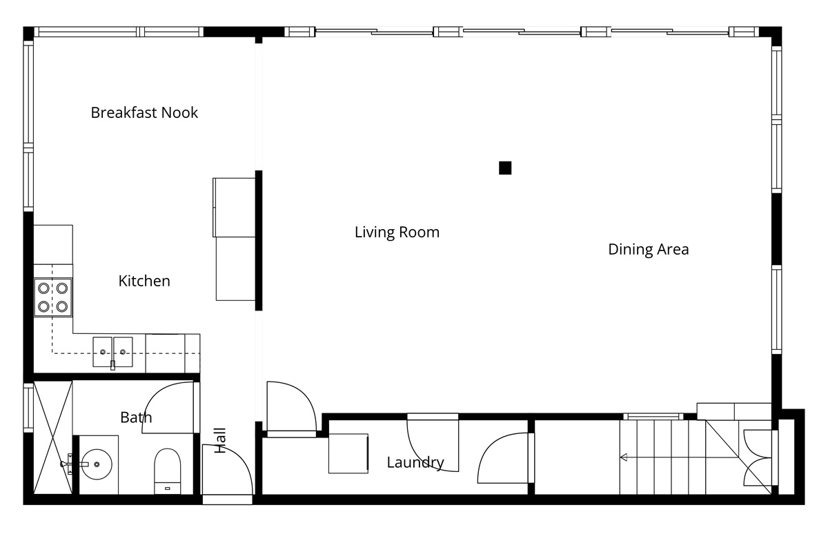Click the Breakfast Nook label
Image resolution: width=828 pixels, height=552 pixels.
coord(144,112)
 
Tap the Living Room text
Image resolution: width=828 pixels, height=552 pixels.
coord(397,233)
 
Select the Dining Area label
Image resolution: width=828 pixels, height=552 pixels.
coord(649,249)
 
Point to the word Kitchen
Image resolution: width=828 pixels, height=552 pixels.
coord(144,281)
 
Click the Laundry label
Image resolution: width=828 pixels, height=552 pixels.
coord(415,462)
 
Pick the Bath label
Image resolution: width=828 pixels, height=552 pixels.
coord(136,417)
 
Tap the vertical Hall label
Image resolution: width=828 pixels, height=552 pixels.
coord(220,440)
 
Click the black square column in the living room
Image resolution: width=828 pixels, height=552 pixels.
coord(505,168)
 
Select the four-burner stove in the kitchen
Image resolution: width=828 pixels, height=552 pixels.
coord(53,297)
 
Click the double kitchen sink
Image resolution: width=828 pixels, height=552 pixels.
coord(112,352)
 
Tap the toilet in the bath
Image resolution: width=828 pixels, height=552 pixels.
coord(168,471)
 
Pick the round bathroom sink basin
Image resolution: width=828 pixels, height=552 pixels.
coord(97,464)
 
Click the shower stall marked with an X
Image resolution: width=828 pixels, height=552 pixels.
coord(53,437)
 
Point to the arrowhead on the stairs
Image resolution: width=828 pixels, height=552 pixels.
coord(623,457)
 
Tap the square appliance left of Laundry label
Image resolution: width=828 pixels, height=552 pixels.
coord(348,453)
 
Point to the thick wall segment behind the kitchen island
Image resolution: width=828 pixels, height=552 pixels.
coord(259,240)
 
